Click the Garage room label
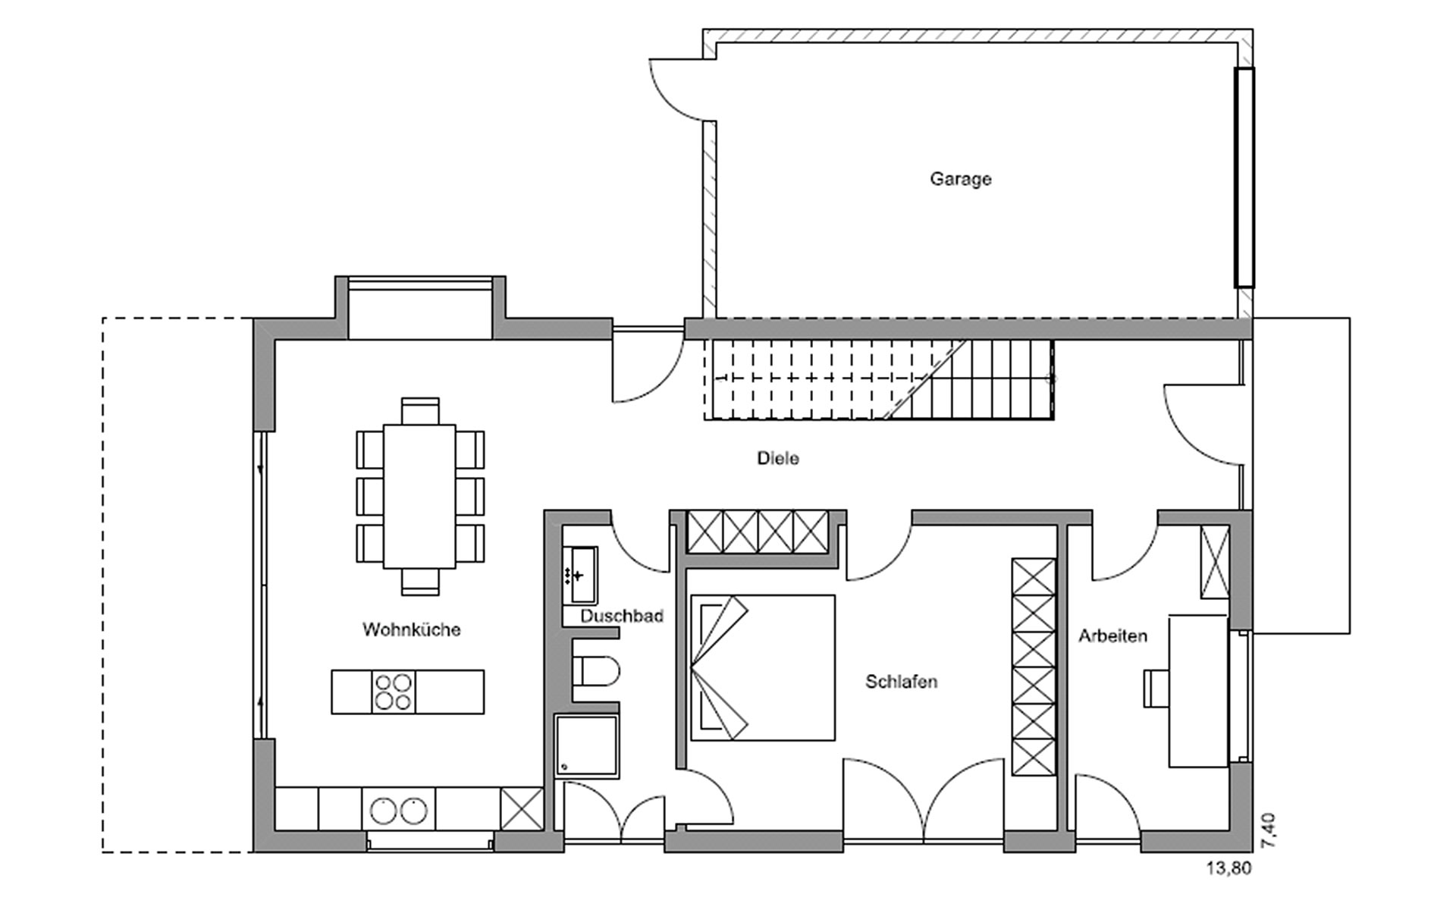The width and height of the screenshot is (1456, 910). point(960,179)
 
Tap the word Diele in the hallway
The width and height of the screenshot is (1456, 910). point(778,458)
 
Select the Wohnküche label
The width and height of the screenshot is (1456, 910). point(411,629)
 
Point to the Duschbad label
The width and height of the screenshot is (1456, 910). point(622,616)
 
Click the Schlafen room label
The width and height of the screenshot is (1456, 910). point(902,682)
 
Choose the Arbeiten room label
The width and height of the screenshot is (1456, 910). point(1112,636)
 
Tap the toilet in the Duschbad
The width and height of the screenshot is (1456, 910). point(596,670)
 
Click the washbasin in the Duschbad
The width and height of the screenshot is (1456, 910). point(580,576)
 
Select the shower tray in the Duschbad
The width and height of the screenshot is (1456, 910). point(586,745)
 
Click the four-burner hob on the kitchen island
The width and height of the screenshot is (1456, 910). point(394,692)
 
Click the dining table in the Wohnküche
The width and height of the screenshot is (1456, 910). point(419,496)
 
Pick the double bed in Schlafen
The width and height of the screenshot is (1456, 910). point(762,667)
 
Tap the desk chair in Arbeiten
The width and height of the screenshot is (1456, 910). point(1156,688)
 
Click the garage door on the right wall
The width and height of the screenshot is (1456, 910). point(1244,177)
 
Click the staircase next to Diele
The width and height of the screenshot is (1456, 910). point(880,379)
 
